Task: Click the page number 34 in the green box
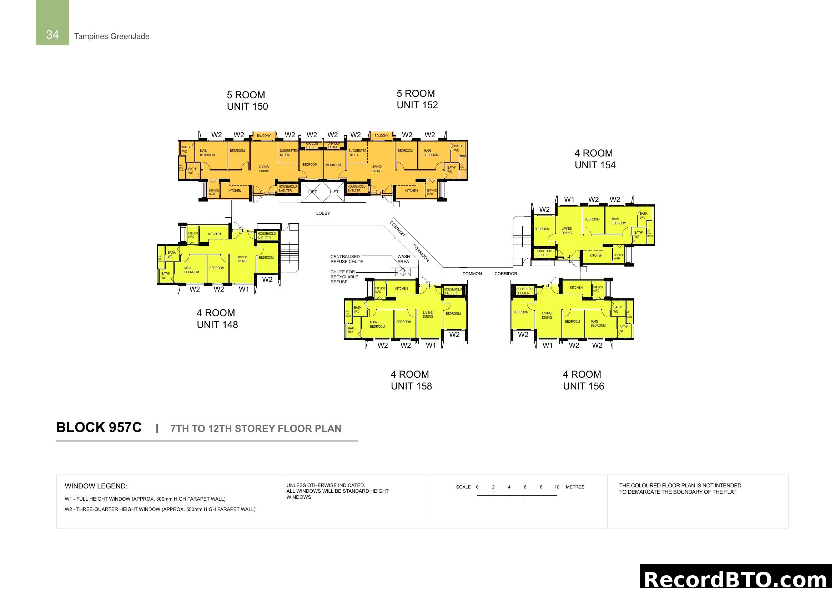point(52,35)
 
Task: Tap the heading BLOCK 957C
point(99,427)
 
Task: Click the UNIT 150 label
point(247,106)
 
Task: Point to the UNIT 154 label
point(595,165)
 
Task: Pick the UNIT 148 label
point(217,324)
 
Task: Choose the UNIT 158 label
point(411,386)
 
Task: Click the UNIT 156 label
point(583,386)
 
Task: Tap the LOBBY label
point(323,213)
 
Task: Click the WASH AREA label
point(403,259)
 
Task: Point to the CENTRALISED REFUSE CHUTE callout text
point(346,259)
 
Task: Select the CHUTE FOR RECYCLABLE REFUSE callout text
point(344,277)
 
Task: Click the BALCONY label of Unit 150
point(264,136)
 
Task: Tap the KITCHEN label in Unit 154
point(596,255)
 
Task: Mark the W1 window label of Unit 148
point(244,289)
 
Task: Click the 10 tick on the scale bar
point(557,487)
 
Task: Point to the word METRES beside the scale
point(575,487)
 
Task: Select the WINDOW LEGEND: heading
point(96,486)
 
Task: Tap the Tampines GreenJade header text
point(112,36)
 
